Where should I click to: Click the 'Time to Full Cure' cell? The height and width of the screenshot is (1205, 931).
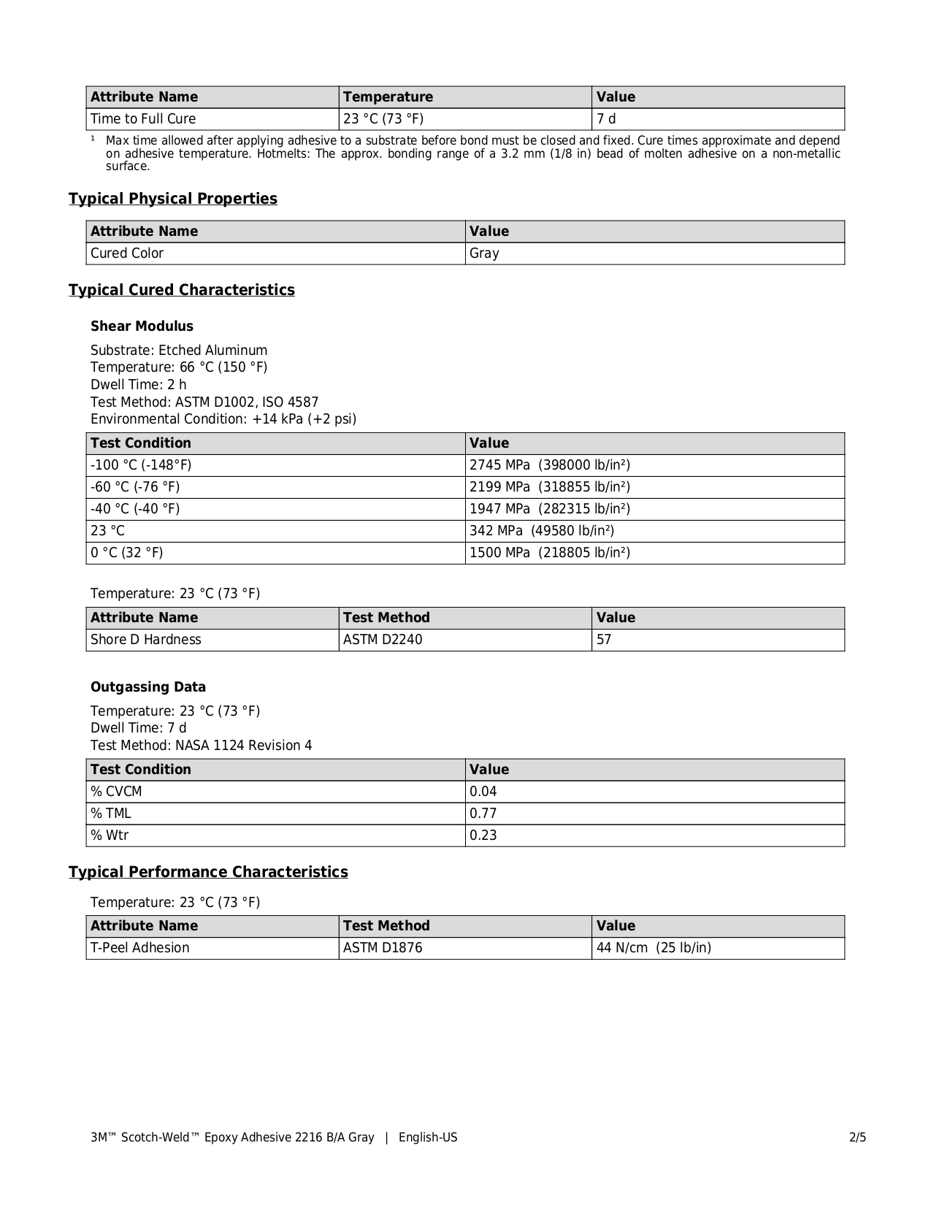143,119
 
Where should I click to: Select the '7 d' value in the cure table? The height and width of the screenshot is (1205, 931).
606,119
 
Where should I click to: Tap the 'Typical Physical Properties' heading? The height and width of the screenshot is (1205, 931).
173,199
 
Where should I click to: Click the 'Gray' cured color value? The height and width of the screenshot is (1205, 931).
484,253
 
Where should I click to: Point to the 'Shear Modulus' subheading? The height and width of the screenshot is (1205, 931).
142,326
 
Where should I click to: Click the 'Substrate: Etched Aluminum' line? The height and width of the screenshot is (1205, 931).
179,351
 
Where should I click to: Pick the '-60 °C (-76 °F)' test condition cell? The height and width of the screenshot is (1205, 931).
135,487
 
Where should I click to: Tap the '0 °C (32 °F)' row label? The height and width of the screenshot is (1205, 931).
127,553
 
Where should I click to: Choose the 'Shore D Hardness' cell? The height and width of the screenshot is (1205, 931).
146,640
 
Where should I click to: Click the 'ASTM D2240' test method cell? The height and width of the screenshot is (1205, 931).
383,640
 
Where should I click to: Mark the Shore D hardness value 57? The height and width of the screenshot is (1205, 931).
604,640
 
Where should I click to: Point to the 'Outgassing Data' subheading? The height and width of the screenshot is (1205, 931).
148,687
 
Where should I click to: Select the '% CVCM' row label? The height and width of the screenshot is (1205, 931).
116,792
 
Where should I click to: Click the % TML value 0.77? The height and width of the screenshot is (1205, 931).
483,814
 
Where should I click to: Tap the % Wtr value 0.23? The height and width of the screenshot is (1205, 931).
483,835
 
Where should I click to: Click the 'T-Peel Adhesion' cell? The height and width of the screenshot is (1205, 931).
139,948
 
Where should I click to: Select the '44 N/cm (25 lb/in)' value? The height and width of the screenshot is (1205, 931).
654,948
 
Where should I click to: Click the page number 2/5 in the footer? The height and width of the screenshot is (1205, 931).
857,1137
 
